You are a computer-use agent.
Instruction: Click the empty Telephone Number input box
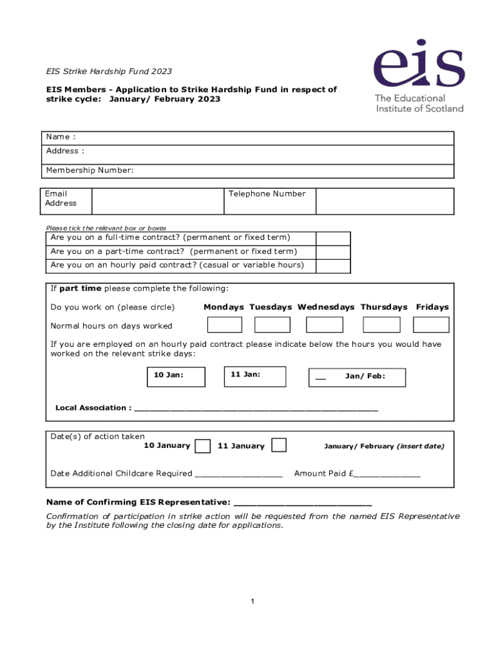pos(385,200)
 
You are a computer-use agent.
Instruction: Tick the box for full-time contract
pos(333,238)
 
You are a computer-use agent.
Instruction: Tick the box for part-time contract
pos(333,252)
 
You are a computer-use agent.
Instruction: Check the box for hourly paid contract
pos(333,266)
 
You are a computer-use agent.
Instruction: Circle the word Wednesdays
pos(325,307)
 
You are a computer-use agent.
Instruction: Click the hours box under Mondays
pos(224,325)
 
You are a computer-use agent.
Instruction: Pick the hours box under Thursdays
pos(381,325)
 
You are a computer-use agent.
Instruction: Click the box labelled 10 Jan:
pos(176,377)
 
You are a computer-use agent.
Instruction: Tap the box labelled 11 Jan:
pos(255,377)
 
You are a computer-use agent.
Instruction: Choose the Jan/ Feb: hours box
pos(358,378)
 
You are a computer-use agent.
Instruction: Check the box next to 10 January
pos(202,446)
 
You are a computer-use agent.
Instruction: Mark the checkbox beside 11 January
pos(279,445)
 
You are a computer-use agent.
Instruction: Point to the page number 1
pos(253,601)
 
